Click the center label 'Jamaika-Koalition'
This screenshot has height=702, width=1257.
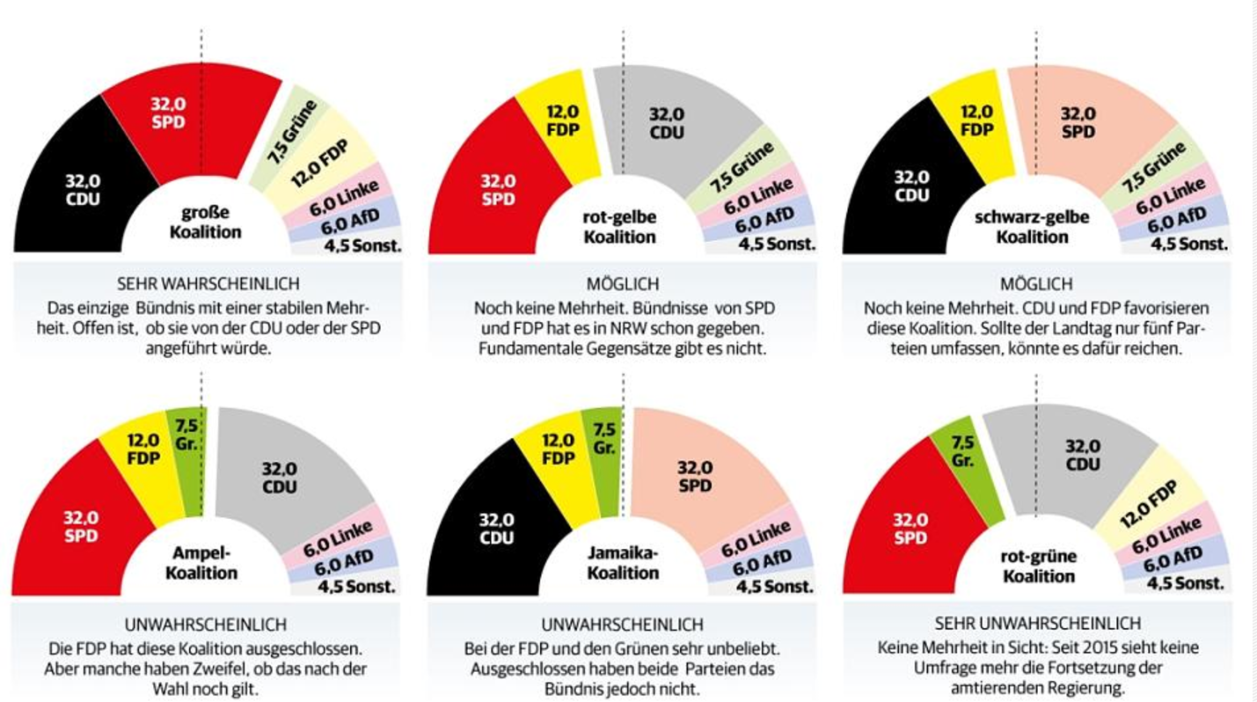tap(623, 562)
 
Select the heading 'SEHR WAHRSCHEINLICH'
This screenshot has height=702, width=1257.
tap(209, 284)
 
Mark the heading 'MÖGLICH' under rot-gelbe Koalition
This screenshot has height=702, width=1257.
tap(623, 284)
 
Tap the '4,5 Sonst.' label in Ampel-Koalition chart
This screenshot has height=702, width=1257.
tap(358, 587)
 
